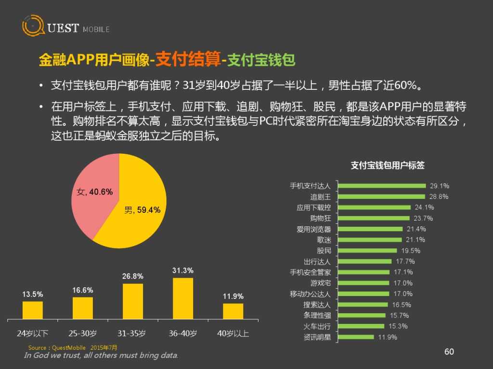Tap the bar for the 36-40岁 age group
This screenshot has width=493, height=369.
click(x=183, y=298)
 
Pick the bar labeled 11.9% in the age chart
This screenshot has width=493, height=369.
click(x=233, y=311)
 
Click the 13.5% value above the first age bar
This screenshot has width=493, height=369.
click(x=33, y=294)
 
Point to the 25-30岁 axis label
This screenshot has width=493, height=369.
click(x=82, y=333)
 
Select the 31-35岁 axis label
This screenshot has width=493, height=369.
click(x=132, y=333)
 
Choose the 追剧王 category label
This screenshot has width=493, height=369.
click(x=321, y=197)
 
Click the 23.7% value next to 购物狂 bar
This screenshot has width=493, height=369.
click(x=423, y=218)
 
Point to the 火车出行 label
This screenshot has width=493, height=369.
click(x=317, y=326)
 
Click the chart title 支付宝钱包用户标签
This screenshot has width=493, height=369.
click(x=388, y=165)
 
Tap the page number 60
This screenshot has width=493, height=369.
click(x=449, y=352)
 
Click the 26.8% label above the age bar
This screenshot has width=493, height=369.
click(x=133, y=276)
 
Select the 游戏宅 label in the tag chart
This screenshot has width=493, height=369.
click(x=321, y=283)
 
